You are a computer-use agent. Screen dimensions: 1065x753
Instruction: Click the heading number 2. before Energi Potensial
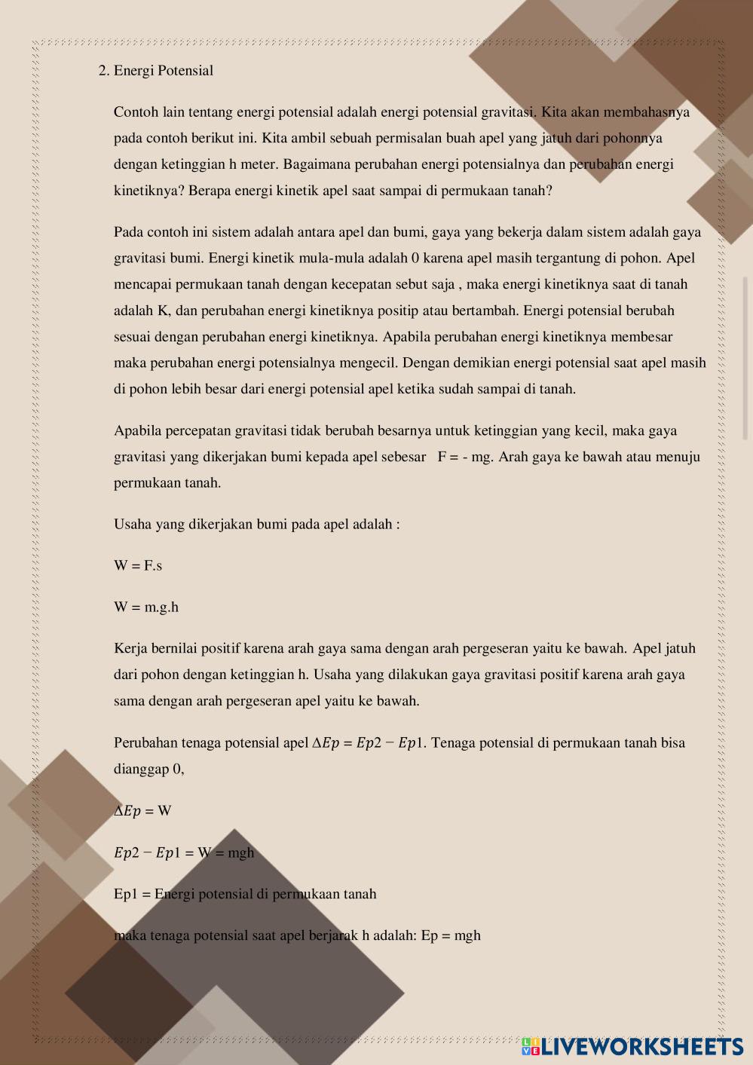click(x=104, y=71)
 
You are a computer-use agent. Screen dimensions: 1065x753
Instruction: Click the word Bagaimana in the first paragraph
click(x=316, y=164)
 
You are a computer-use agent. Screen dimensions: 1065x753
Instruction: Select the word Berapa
click(x=210, y=191)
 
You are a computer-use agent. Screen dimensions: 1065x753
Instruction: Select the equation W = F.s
click(x=138, y=566)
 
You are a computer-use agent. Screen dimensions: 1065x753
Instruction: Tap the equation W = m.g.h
click(x=146, y=607)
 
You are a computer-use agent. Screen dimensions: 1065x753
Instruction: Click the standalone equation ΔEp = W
click(x=142, y=811)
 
